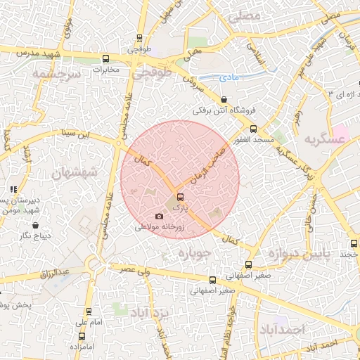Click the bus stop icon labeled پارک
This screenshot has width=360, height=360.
[x=180, y=197]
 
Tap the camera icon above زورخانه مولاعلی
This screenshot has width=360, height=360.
[x=158, y=216]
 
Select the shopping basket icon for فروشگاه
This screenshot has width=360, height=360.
[x=224, y=100]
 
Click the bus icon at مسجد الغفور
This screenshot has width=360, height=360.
[x=254, y=129]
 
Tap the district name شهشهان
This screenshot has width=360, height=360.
[x=70, y=172]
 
